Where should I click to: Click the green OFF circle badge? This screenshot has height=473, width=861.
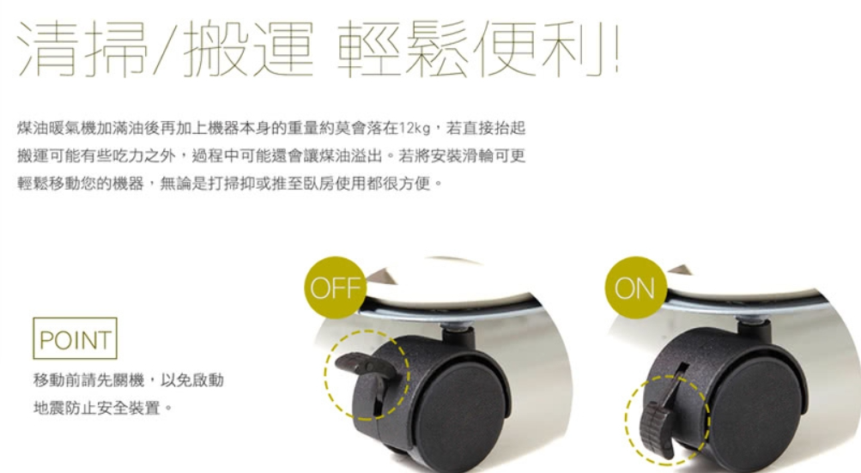(335, 288)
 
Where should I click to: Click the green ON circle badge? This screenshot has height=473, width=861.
(636, 288)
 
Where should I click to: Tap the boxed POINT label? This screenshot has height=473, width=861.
(76, 338)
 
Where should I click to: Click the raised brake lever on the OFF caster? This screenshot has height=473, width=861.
(362, 366)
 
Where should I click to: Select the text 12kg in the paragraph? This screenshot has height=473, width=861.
(415, 129)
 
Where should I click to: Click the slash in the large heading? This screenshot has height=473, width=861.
(166, 49)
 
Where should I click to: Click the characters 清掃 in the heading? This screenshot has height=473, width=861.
(83, 49)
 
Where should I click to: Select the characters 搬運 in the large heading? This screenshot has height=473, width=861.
(248, 49)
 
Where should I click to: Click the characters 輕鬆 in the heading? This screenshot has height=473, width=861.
(403, 49)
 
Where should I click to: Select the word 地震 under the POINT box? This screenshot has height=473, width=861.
(49, 408)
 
